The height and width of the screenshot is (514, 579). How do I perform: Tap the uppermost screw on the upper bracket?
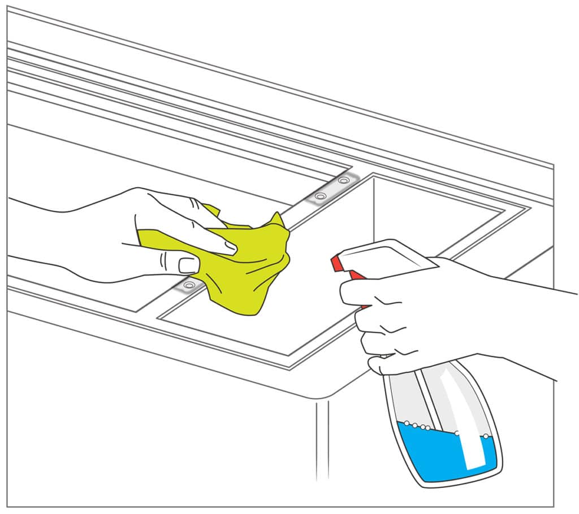[344, 181]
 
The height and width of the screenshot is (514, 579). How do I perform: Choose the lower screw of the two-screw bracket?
[321, 196]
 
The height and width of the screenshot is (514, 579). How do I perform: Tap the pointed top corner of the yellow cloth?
[276, 215]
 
